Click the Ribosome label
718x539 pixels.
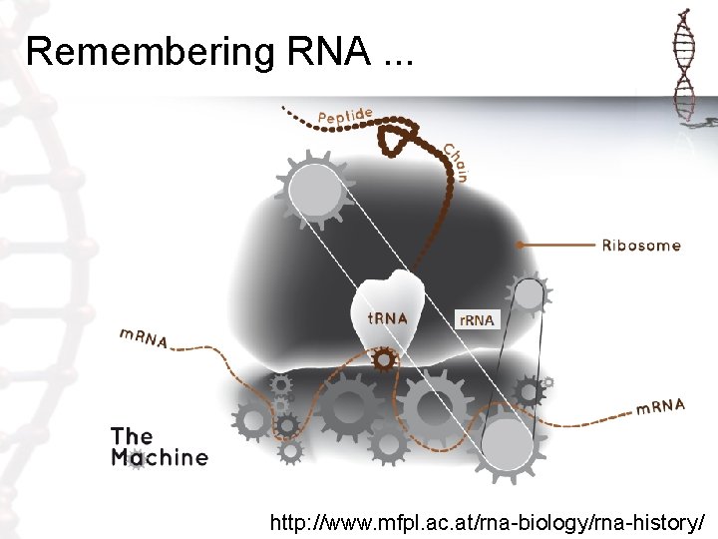point(641,245)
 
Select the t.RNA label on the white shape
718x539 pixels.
point(387,318)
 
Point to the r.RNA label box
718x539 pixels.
point(475,319)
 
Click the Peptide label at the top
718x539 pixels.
point(345,117)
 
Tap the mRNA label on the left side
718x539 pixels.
point(144,338)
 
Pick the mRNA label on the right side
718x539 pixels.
point(661,406)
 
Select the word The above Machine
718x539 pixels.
point(132,435)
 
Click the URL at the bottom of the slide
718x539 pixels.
point(488,522)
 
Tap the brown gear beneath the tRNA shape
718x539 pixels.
point(383,360)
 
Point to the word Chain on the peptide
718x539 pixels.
point(456,163)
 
